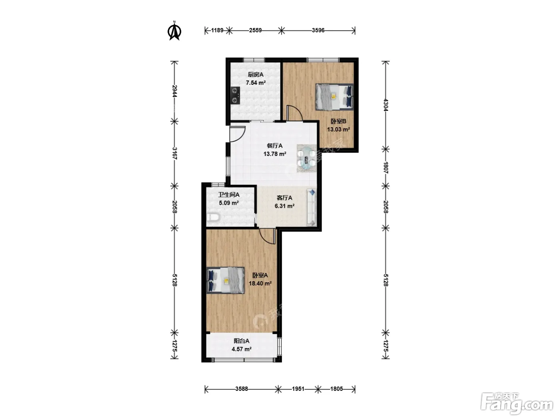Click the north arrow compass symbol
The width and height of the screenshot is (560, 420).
[174, 31]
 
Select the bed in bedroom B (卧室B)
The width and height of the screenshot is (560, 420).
[334, 97]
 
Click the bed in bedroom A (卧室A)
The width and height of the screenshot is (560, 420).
[226, 280]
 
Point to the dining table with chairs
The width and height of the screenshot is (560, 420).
[307, 158]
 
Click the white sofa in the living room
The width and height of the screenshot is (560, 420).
[312, 207]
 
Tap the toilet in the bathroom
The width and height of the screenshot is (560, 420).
[213, 218]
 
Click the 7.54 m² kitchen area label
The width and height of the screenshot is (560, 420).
[256, 83]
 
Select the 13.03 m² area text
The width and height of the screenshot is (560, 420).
[338, 130]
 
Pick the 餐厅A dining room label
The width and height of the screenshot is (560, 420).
[274, 146]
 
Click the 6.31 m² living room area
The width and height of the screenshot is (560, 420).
[284, 206]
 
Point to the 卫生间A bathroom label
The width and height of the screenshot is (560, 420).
[228, 195]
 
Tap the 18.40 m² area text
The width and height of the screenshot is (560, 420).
[260, 284]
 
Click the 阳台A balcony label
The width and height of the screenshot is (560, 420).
[241, 341]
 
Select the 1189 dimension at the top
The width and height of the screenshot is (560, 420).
[217, 30]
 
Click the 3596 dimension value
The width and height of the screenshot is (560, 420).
[318, 30]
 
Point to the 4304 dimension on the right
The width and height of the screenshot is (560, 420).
[386, 105]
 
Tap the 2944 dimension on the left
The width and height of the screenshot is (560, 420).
[174, 91]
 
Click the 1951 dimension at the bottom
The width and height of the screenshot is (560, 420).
[298, 389]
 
